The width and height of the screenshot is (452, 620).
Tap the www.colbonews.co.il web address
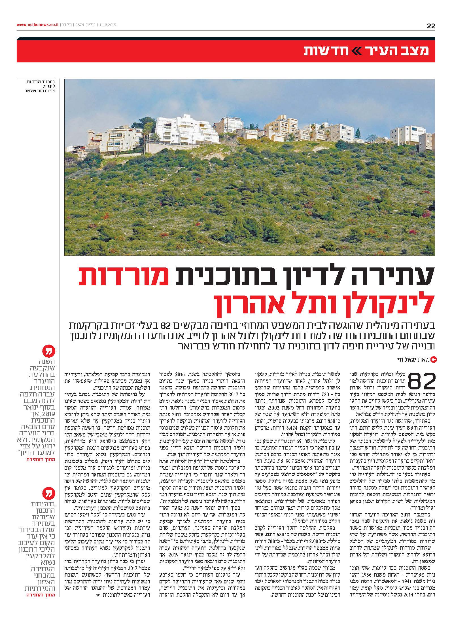click(x=37, y=25)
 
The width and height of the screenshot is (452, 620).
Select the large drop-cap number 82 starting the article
click(x=419, y=381)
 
